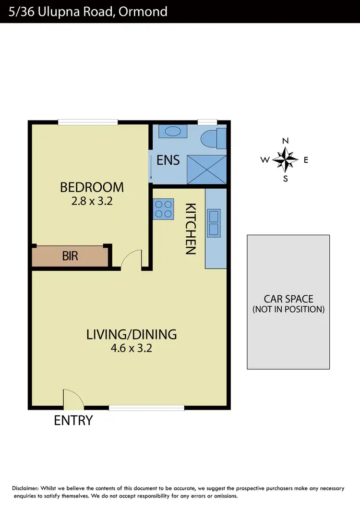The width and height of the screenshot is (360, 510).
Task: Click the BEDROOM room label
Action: coord(91,187)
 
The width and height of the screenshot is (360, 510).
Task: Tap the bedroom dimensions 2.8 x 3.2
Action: coord(91,201)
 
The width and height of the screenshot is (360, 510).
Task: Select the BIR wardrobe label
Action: coord(70,256)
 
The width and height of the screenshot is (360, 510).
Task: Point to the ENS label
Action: coord(168,160)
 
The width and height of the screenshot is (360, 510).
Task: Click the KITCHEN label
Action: coord(191,229)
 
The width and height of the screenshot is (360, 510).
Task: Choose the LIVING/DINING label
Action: coord(132,334)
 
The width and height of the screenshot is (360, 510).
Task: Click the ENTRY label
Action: coord(73,421)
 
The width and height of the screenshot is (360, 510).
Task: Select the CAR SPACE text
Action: coord(288,299)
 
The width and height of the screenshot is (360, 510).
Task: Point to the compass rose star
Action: coord(285,160)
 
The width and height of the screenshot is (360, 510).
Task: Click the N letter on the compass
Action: coord(285,141)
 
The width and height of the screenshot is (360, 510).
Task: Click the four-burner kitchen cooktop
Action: coord(163,209)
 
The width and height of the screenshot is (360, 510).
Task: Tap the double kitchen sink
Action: coord(214,223)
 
